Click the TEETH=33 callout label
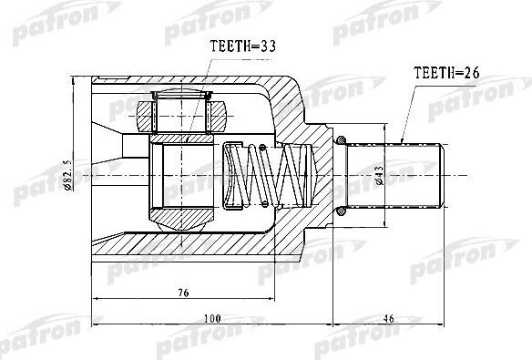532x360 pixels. [x=242, y=46]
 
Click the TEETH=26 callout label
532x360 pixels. [x=446, y=73]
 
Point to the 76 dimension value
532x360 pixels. [x=183, y=293]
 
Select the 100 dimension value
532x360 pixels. [x=213, y=319]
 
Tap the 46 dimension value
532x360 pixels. [x=388, y=319]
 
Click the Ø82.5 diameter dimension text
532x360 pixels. [x=67, y=174]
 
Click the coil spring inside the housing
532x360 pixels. [x=267, y=175]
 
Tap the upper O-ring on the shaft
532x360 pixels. [x=341, y=139]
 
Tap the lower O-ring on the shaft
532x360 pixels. [x=341, y=211]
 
